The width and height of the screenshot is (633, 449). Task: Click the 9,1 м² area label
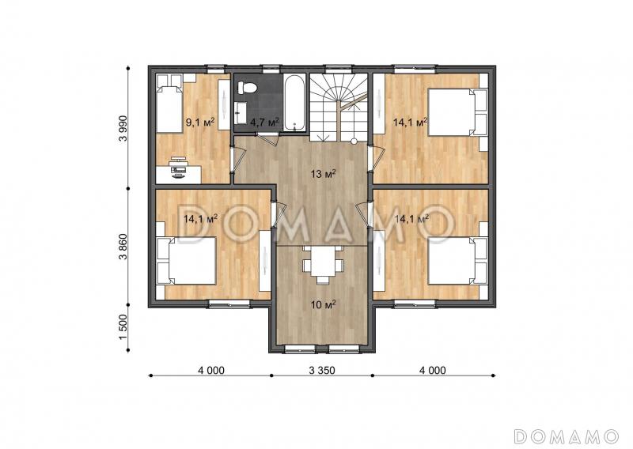coord(199,122)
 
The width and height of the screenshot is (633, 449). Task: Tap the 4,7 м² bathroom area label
coord(264,122)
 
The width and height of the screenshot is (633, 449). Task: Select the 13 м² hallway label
coord(324,174)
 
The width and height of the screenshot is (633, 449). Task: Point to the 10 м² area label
coord(324,304)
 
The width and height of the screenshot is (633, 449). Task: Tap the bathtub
coord(295,103)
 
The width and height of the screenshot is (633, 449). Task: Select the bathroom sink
coord(240,113)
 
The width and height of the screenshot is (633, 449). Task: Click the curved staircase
coord(339,107)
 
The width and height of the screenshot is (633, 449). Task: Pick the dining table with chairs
coord(323,264)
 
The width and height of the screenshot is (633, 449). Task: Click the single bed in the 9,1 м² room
coord(169,104)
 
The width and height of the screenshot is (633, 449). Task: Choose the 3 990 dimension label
coord(123,128)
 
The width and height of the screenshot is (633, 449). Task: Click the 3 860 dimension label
coord(123,246)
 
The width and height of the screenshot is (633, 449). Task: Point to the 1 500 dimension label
coord(123,326)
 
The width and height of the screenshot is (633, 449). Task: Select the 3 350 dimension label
coord(322,370)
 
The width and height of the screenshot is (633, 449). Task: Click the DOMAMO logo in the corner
coord(567,436)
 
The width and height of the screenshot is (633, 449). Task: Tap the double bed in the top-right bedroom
coord(457,112)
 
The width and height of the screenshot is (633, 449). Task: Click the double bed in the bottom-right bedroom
coord(457,261)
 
